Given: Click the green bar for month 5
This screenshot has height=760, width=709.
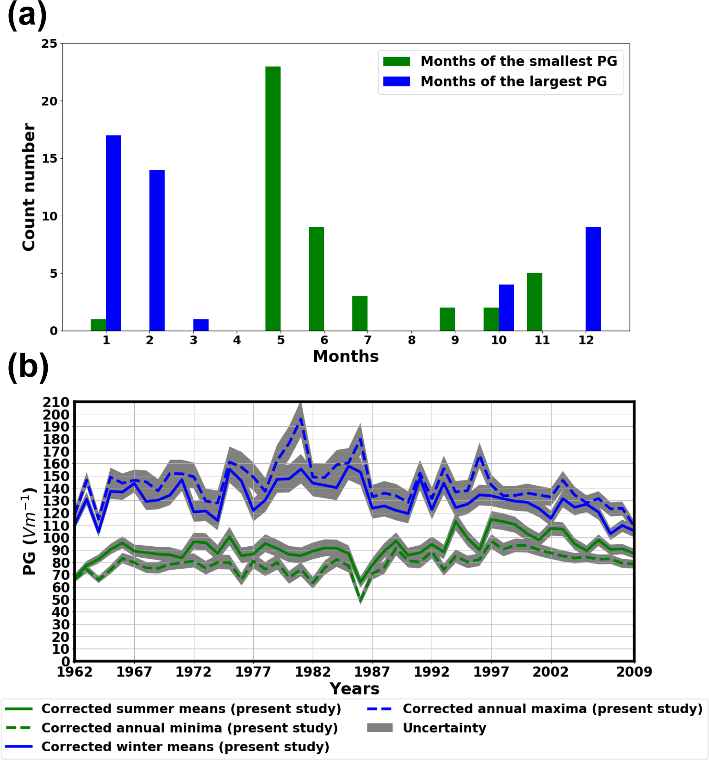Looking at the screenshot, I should (273, 199).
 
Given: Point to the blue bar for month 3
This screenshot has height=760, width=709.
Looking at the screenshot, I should (201, 325).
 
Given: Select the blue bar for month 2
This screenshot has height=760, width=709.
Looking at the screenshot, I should (157, 250).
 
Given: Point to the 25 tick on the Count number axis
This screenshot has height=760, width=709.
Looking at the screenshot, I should (50, 44).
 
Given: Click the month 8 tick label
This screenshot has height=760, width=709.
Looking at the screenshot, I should (411, 340).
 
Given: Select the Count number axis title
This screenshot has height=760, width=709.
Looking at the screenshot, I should (29, 187).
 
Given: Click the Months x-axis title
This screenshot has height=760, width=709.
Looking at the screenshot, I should (346, 356).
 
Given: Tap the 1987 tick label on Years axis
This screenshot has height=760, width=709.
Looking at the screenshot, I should (372, 672).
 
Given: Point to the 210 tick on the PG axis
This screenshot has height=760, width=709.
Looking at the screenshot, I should (56, 402).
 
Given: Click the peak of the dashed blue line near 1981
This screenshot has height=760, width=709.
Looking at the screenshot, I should (301, 419).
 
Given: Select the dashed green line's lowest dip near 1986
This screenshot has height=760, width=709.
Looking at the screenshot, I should (361, 601).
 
